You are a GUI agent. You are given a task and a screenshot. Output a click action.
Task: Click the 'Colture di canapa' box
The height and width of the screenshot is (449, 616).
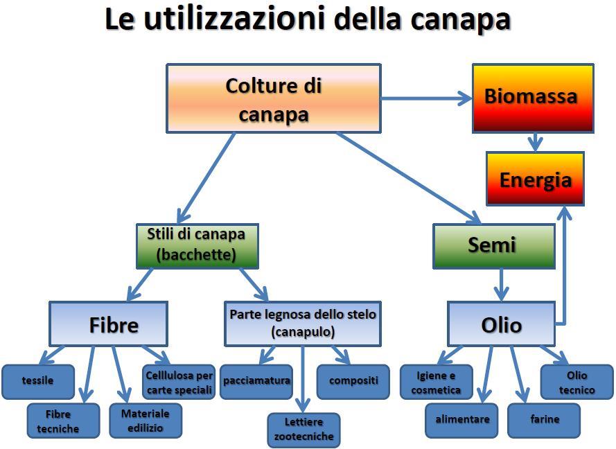coord(273,98)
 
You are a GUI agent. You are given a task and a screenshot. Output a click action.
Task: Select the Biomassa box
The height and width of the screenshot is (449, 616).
coord(532,98)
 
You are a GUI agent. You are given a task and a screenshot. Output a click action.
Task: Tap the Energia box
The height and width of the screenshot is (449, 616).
coord(535,179)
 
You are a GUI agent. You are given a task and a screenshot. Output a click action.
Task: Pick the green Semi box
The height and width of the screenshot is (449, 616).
coord(493,245)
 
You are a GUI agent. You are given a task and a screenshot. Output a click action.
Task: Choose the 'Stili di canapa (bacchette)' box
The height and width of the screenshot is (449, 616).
coord(197,245)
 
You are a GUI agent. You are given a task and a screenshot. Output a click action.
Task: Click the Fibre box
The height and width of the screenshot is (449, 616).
coord(108,324)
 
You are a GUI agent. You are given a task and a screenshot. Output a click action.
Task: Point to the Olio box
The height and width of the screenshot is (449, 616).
coord(500,324)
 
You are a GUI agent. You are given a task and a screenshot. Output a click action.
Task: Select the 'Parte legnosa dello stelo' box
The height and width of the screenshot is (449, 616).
coord(303,323)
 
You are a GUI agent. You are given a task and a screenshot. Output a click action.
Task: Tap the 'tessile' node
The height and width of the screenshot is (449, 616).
coord(37,380)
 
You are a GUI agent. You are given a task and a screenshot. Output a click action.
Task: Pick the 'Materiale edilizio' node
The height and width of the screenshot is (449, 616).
coord(146,421)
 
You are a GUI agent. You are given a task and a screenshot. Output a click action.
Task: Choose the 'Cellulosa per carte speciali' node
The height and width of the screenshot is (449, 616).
coord(179,382)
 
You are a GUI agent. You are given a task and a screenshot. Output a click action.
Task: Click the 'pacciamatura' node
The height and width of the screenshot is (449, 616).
coord(256,380)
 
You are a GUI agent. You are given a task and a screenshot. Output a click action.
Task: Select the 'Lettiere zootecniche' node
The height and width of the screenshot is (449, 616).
coord(303,429)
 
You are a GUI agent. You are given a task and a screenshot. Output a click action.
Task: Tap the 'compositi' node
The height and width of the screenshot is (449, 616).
coord(353,380)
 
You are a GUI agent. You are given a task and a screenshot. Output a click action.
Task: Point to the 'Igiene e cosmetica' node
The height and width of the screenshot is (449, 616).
coord(436,382)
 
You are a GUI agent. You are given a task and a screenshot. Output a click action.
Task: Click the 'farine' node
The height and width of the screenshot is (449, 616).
coord(545,419)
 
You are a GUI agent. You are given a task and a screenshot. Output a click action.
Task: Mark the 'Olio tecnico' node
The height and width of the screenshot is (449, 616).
coord(577,382)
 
